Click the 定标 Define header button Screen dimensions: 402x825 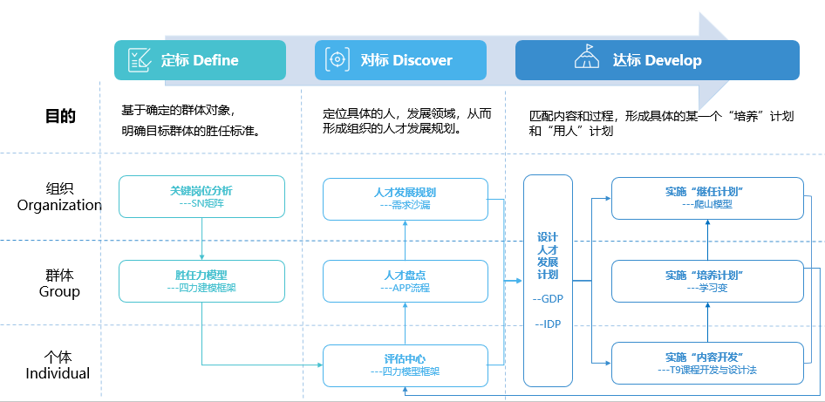coord(200,60)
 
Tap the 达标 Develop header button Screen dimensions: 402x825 coord(657,60)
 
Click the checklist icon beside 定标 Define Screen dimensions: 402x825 coord(139,60)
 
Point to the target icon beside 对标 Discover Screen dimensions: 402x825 coord(337,60)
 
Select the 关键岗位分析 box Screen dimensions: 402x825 coord(201,196)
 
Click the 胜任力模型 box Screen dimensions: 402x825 coord(201,280)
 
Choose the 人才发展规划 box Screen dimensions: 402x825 coord(405,199)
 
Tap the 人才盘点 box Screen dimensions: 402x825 coord(405,280)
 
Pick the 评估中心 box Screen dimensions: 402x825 coord(405,365)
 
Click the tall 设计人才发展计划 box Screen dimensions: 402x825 coord(548,280)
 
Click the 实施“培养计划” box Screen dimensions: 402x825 coord(706,280)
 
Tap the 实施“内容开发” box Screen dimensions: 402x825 coord(706,363)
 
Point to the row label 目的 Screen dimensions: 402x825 coord(60,116)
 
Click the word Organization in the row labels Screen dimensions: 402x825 coord(60,206)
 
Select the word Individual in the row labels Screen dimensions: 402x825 coord(58,373)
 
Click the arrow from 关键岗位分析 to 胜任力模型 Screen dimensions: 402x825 coord(201,238)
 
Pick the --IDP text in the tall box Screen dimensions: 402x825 coord(548,324)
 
